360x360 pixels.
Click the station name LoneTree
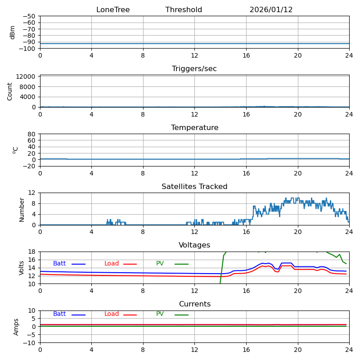[112, 10]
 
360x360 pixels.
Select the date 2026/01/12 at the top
[271, 10]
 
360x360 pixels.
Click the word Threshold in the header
[184, 10]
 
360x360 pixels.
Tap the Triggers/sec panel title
[194, 69]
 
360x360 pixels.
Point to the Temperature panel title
[194, 128]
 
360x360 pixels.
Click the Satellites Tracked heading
[194, 187]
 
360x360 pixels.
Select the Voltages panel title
[194, 245]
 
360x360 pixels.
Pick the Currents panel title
[194, 304]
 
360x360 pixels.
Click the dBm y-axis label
[13, 32]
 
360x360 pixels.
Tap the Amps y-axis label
[16, 327]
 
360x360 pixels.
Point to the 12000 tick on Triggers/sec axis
[27, 76]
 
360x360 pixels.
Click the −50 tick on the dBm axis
[29, 16]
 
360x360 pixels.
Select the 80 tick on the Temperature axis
[32, 134]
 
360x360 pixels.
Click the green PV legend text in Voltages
[160, 264]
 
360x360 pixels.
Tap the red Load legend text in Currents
[112, 314]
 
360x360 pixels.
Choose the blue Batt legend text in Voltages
[59, 264]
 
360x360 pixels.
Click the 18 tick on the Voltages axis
[32, 252]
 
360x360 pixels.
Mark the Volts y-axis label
[22, 268]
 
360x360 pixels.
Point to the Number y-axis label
[22, 209]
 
